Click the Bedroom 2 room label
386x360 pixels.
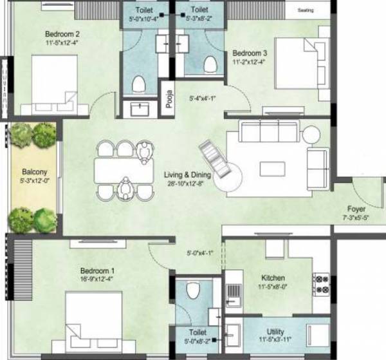[x=62, y=34]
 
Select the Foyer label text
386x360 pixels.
[x=358, y=209]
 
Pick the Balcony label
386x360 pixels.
[x=33, y=173]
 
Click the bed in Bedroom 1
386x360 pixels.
[x=95, y=322]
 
